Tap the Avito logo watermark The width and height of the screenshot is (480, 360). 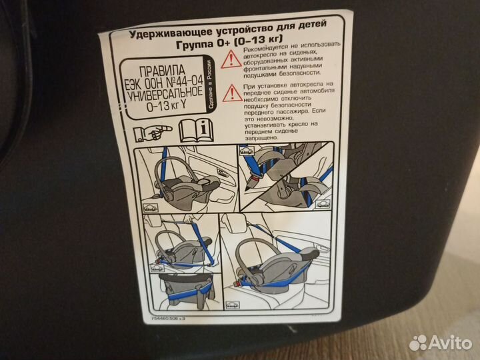point(439,343)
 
